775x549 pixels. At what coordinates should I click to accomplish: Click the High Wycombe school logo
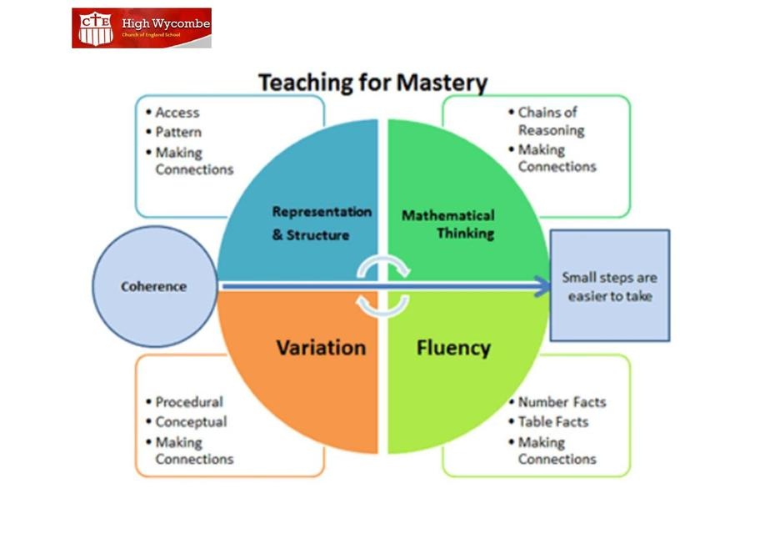coord(142,28)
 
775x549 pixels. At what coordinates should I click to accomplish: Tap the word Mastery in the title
coord(442,83)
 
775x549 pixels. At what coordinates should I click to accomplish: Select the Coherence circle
coord(155,286)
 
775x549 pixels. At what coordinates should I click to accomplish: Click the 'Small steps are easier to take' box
coord(610,285)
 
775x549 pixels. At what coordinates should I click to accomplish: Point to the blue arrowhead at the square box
coord(542,286)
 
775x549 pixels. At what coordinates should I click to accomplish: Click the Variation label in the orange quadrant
coord(321,348)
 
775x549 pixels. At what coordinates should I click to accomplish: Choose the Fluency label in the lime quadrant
coord(453,348)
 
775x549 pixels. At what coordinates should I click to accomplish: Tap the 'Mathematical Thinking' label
coord(448,224)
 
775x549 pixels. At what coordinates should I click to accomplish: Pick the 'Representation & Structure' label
coord(322,224)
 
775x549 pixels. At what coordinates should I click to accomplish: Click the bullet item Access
coord(177,113)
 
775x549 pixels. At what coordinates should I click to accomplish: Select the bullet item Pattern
coord(178,132)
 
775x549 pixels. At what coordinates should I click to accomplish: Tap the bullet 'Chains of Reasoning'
coord(551,121)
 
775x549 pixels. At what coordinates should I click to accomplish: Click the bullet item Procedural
coord(189,402)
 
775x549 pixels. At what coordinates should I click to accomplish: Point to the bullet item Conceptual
coord(192,422)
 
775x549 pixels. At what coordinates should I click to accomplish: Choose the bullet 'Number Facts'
coord(562,402)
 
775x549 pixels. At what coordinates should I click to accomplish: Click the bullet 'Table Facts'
coord(553,422)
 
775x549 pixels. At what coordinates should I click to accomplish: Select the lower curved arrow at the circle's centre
coord(383,307)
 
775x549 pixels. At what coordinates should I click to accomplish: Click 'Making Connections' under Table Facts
coord(557,451)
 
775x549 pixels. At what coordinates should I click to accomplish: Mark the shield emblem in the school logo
coord(96,28)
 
